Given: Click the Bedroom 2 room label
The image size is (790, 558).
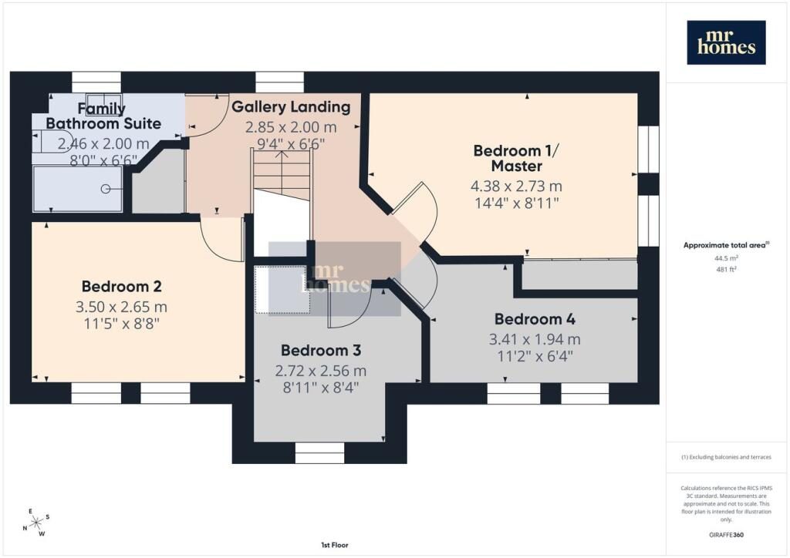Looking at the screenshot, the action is [x=121, y=286].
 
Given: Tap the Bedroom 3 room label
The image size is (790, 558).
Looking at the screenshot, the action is [x=321, y=350].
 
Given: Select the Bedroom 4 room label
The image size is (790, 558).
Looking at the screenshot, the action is [x=535, y=319].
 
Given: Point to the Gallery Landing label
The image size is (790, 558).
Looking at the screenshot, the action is [x=291, y=106].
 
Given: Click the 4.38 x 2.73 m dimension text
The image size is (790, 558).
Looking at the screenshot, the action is [x=516, y=187].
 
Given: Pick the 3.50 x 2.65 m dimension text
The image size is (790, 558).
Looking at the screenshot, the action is [x=121, y=307].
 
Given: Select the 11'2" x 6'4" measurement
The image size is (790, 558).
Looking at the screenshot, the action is [x=535, y=357].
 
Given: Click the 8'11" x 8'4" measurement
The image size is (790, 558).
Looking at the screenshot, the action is [x=321, y=388].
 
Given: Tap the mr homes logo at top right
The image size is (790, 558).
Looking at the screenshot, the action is [x=726, y=42].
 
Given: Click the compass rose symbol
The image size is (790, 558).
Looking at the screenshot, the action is [x=36, y=523].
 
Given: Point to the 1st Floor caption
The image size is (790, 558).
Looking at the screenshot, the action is [x=335, y=545].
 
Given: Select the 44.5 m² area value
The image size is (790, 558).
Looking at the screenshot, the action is [x=726, y=258].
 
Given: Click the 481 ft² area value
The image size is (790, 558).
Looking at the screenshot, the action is [x=726, y=269].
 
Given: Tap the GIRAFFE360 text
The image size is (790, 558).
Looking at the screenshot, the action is [x=726, y=535].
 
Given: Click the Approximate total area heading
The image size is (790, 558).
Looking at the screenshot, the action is [x=726, y=246].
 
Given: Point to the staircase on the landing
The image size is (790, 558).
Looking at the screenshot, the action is [x=282, y=173].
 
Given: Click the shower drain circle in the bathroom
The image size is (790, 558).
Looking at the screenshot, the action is [x=105, y=189].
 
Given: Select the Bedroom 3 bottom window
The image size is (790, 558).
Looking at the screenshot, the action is [x=319, y=453].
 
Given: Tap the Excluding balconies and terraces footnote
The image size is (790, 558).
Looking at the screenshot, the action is [x=726, y=457].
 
